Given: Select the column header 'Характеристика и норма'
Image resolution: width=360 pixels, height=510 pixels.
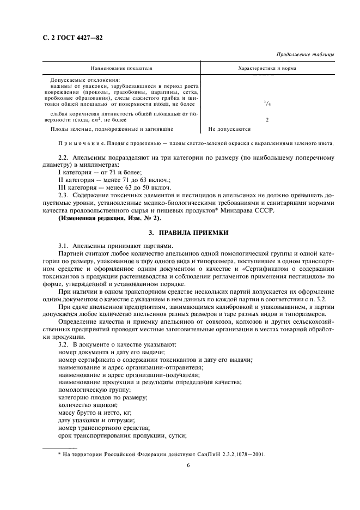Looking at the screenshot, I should pyautogui.click(x=267, y=69).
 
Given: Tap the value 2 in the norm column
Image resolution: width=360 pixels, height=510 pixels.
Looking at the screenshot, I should pyautogui.click(x=266, y=119).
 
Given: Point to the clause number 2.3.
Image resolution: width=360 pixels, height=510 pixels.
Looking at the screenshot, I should pyautogui.click(x=63, y=195).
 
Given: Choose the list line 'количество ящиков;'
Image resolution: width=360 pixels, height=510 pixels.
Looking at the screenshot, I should pyautogui.click(x=86, y=405).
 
